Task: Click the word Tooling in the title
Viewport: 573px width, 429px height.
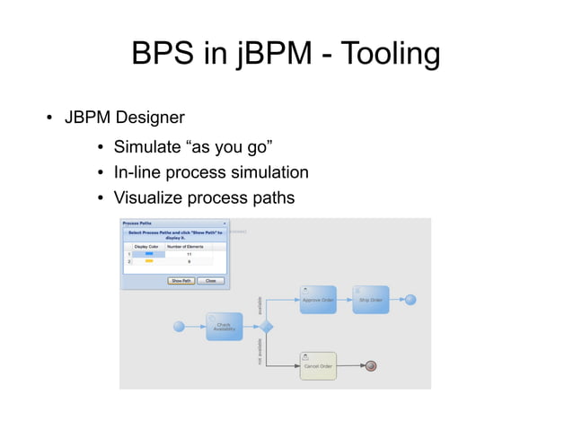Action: (383, 56)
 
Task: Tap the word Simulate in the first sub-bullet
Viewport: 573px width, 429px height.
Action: (146, 147)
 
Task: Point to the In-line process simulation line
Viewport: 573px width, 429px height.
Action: (211, 172)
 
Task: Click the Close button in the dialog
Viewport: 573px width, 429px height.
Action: (209, 281)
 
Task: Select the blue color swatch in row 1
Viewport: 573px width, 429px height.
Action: (149, 254)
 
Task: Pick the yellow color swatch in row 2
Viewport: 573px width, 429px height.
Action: (149, 261)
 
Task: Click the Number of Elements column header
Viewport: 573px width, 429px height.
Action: (189, 246)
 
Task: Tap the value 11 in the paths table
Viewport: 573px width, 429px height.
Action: (189, 254)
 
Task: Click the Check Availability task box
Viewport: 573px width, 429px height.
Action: (224, 327)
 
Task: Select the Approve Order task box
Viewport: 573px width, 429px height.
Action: (318, 300)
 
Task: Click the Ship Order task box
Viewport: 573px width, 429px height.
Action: (371, 300)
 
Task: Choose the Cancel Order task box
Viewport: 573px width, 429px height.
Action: (318, 366)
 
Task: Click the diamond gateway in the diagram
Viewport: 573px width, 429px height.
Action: (266, 327)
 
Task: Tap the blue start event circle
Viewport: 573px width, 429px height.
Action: (179, 327)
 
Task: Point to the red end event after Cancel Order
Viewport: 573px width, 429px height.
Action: (370, 366)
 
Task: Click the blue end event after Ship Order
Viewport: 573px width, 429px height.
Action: (410, 300)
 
